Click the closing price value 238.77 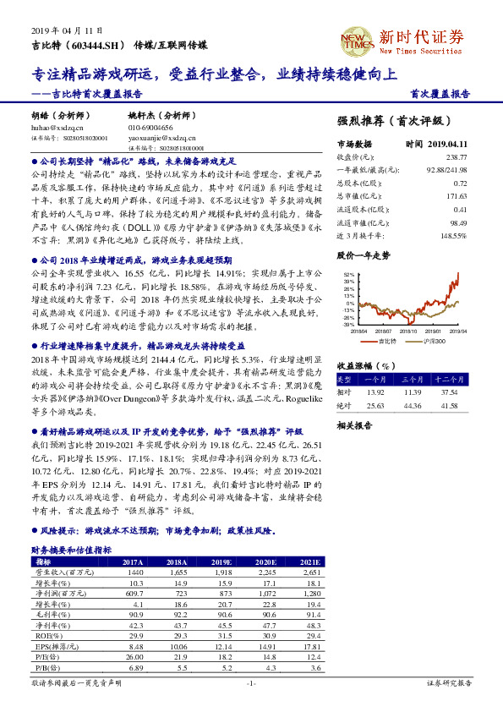[456, 156]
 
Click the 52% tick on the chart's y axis [347, 275]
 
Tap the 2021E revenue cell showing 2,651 [310, 572]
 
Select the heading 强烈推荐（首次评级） [400, 121]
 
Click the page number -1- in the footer [250, 682]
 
